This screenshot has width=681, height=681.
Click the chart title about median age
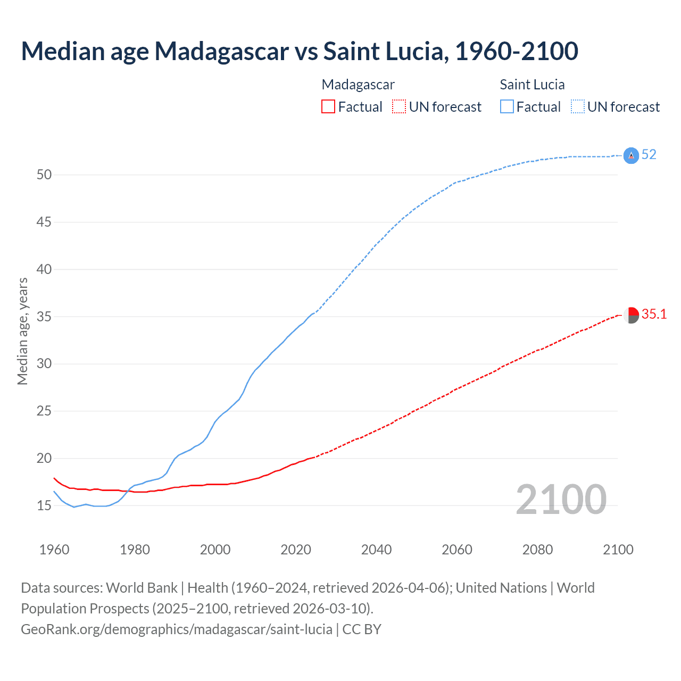point(299,51)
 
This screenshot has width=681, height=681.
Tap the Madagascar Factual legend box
point(328,107)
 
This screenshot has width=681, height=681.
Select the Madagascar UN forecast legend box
point(399,107)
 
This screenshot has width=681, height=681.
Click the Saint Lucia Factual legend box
point(506,107)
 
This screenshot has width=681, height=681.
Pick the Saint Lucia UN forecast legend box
point(577,107)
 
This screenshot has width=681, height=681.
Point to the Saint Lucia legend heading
point(532,85)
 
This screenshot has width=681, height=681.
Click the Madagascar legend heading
point(358,85)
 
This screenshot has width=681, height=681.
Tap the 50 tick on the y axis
point(44,175)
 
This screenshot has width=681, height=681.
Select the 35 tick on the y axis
point(44,317)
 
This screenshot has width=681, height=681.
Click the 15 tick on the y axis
point(44,505)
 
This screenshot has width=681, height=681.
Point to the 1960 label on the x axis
point(54,550)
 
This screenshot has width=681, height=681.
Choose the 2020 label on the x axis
point(296,550)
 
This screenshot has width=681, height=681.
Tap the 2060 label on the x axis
point(457,550)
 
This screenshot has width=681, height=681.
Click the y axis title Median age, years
point(22,331)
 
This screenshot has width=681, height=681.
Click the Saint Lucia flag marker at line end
point(631,155)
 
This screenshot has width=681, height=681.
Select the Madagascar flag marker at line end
point(631,315)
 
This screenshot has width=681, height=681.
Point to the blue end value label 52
point(649,155)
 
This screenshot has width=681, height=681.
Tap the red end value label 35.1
point(654,314)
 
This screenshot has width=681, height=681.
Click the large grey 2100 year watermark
point(561,499)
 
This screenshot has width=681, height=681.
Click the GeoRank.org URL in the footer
point(177,629)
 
